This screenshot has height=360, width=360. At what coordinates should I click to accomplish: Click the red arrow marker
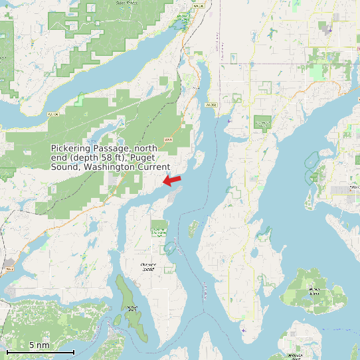[173, 180]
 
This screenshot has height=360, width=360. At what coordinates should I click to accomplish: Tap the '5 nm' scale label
[39, 345]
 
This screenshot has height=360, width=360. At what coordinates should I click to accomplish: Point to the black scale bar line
[40, 351]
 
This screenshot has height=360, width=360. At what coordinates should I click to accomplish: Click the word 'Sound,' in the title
[65, 167]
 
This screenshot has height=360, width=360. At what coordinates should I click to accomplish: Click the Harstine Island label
[148, 267]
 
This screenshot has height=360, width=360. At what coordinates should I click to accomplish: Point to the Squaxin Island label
[132, 308]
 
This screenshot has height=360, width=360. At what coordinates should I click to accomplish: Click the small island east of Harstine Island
[193, 229]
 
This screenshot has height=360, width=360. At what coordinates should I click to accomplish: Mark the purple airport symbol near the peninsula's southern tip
[244, 330]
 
